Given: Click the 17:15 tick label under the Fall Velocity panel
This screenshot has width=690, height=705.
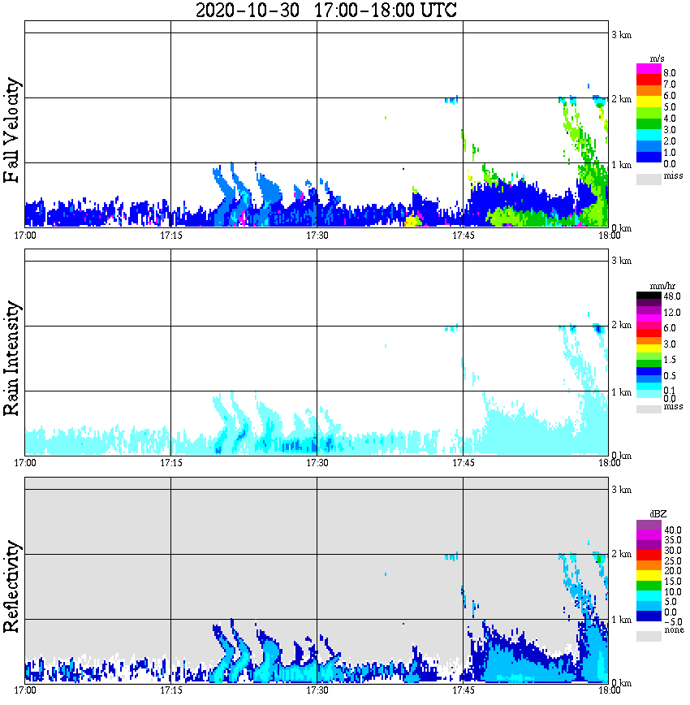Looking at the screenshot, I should click(x=171, y=236).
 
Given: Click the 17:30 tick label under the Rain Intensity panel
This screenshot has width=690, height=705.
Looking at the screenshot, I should click(x=317, y=463).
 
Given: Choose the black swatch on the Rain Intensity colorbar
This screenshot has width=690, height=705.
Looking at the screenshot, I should click(x=649, y=296).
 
